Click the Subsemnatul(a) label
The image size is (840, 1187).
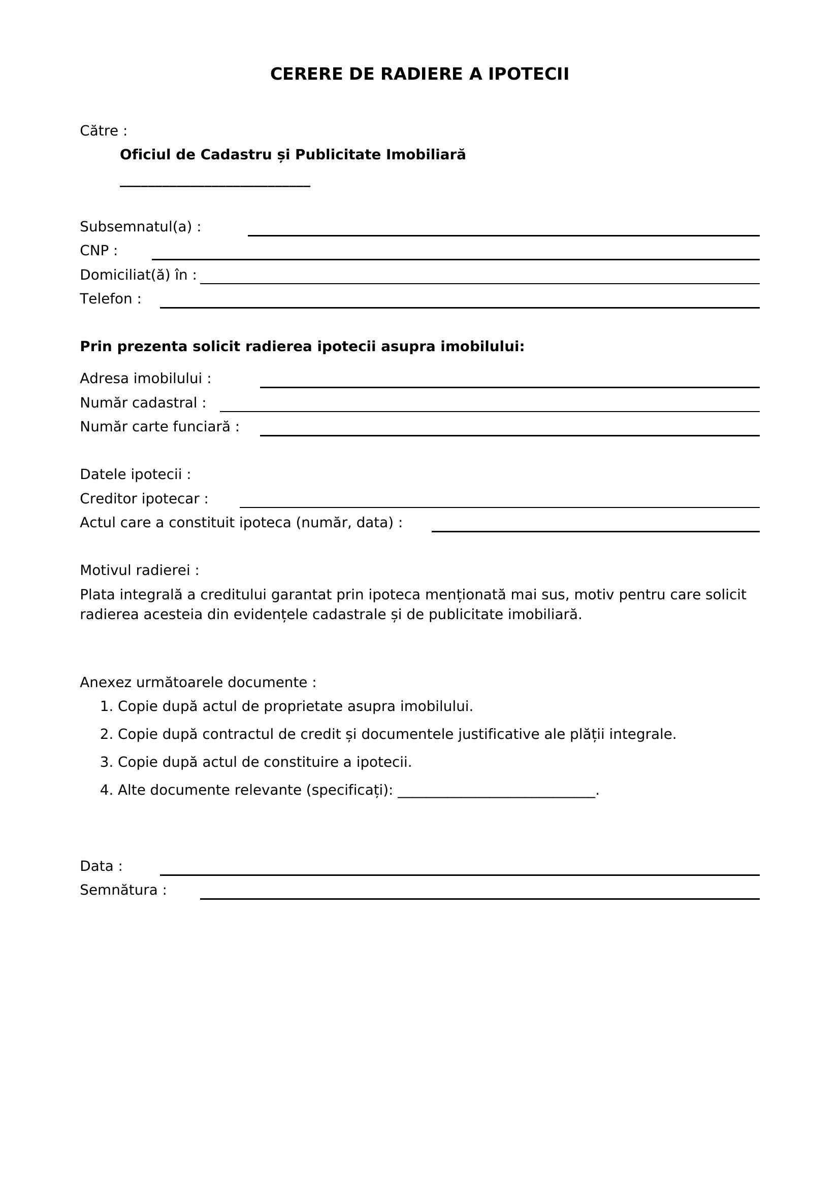(x=140, y=227)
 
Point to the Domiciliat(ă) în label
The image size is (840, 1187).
(x=138, y=275)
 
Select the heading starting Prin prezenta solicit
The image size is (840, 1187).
(x=302, y=347)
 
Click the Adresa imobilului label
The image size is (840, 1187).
(x=145, y=379)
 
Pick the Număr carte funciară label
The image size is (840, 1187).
(x=159, y=426)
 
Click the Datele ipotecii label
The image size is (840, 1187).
(x=135, y=474)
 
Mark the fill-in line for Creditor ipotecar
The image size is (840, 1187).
(x=499, y=506)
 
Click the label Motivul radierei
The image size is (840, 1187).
(x=139, y=570)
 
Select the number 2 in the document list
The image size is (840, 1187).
(x=105, y=734)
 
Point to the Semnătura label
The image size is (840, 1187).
(x=123, y=890)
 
